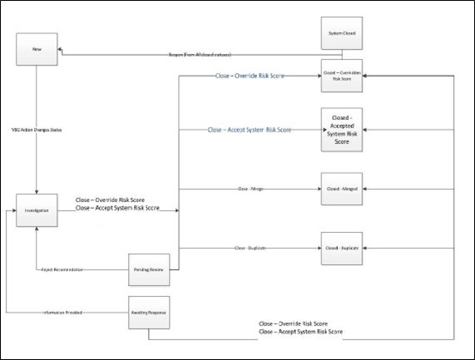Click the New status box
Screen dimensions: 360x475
(37, 49)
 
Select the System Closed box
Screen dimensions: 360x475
(344, 35)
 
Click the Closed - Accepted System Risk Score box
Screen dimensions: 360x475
(344, 131)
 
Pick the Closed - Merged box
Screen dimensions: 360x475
(344, 188)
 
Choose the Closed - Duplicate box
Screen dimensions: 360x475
(344, 248)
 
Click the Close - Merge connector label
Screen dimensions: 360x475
(250, 189)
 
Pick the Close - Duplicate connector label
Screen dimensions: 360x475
(250, 248)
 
